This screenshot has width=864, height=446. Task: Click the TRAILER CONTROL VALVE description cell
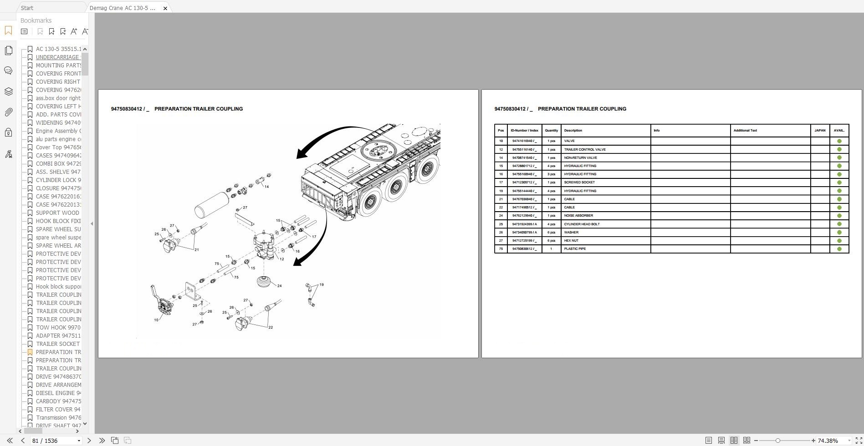click(x=585, y=149)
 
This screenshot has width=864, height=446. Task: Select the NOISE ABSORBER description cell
click(x=578, y=216)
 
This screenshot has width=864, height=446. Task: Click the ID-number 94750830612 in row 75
click(x=524, y=249)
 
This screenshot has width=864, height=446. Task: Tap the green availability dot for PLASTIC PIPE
click(x=839, y=249)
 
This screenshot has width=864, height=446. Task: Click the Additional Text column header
click(x=745, y=131)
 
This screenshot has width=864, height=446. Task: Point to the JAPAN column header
click(x=820, y=131)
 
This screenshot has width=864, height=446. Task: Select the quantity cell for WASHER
click(x=551, y=233)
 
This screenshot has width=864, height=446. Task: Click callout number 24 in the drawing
click(x=279, y=286)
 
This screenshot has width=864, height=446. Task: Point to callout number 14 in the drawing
click(x=266, y=187)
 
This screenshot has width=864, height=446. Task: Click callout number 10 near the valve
click(x=156, y=320)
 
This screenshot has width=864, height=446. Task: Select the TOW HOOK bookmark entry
click(x=58, y=328)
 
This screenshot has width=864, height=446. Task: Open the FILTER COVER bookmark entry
click(x=58, y=410)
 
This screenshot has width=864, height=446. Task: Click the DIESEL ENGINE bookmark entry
click(x=58, y=393)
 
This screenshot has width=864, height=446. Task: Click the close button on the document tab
click(x=165, y=8)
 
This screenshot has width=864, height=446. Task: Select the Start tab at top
click(x=27, y=8)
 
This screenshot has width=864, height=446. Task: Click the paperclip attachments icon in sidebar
click(x=8, y=112)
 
